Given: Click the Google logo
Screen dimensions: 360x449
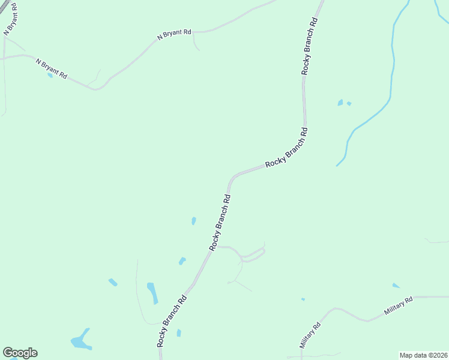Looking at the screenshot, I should point(20,353).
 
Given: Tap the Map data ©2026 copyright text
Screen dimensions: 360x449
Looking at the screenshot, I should point(423,355).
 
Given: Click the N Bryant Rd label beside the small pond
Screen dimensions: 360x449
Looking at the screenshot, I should point(51,70).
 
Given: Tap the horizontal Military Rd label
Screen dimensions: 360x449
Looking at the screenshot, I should point(399,306).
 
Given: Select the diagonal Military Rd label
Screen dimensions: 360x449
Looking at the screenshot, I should point(311,335).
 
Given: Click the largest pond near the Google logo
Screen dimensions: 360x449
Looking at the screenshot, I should point(80,341).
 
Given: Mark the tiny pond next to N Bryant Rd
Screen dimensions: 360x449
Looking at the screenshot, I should point(49,76).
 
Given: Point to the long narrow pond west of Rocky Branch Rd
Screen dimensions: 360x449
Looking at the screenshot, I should point(152,292).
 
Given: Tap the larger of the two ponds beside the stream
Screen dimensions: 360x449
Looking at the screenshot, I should point(340,103).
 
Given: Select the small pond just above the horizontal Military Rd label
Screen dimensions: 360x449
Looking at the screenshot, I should point(396,286).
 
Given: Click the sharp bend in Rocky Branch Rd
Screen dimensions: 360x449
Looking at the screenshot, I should point(232,178).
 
